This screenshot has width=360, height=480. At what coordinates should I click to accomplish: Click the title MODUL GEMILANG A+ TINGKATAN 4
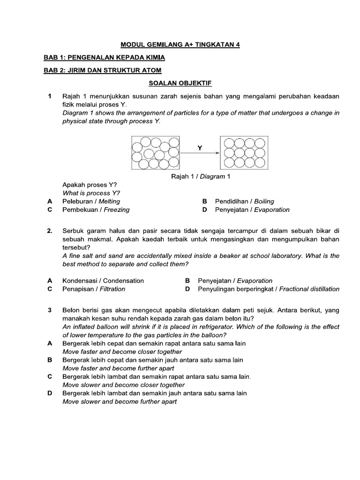point(180,45)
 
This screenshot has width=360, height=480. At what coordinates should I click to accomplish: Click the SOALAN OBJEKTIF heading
point(180,83)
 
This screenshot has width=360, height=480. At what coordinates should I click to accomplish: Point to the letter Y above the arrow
point(200,147)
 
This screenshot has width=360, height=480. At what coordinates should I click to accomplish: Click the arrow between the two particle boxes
point(200,153)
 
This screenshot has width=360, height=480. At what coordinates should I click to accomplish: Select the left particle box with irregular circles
point(156,152)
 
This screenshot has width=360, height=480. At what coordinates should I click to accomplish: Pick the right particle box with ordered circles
point(244,152)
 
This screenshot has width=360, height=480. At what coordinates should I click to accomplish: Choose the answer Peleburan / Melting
point(91,201)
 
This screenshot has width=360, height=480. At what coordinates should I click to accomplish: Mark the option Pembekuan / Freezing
point(96,210)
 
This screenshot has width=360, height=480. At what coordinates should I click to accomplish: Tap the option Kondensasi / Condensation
point(103,280)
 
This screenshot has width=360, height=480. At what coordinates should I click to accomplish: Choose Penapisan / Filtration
point(94,289)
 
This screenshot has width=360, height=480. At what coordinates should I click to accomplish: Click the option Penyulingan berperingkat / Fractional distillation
point(269,289)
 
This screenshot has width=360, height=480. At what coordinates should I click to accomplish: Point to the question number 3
point(49,310)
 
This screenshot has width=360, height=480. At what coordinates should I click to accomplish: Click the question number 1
point(49,96)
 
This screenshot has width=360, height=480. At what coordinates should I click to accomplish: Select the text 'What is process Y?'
point(91,193)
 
